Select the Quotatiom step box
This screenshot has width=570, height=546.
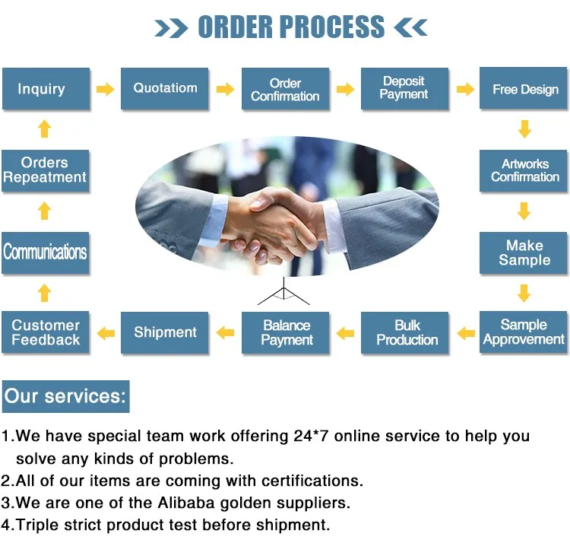click(x=165, y=89)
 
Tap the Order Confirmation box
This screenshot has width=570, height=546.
click(x=285, y=89)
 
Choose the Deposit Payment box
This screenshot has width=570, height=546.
click(x=404, y=89)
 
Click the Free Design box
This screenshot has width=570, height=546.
click(x=524, y=89)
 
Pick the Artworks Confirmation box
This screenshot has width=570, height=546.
click(x=524, y=170)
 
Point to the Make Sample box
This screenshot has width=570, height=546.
click(x=524, y=252)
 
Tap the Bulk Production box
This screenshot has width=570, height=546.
click(x=407, y=332)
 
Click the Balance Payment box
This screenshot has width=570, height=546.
click(x=287, y=332)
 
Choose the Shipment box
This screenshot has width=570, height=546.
click(x=165, y=332)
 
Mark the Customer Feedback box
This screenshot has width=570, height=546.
click(x=46, y=332)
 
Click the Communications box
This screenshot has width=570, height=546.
click(x=46, y=252)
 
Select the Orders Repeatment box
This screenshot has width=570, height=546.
click(x=46, y=170)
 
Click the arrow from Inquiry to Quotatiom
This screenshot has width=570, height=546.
click(x=105, y=89)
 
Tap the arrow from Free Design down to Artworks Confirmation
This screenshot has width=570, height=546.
click(x=524, y=129)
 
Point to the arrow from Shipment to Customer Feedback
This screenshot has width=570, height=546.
click(x=106, y=333)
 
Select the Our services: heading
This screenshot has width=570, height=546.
click(x=65, y=396)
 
